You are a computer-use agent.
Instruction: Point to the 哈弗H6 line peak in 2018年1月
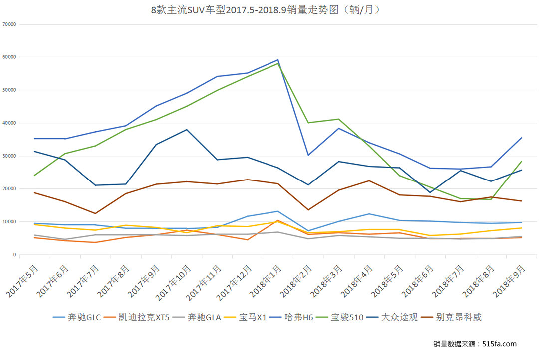coord(278,60)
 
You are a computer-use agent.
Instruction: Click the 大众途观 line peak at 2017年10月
coord(187,130)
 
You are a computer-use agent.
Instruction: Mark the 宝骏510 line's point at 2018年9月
coord(521,161)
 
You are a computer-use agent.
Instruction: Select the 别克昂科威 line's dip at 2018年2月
coord(308,210)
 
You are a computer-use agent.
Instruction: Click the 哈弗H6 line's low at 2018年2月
coord(308,155)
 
